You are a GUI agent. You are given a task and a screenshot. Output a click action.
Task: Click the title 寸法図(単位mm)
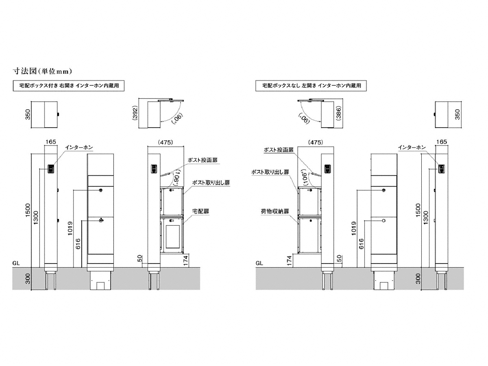(x=42, y=71)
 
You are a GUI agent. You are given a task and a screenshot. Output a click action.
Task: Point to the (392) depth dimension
(x=135, y=113)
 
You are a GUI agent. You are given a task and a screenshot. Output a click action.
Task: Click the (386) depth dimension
(x=339, y=113)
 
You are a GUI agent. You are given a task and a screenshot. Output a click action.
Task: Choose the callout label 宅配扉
(x=200, y=211)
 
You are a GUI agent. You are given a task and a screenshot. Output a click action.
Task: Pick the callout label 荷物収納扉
(x=275, y=211)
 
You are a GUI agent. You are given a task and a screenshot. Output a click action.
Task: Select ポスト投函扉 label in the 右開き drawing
(x=203, y=160)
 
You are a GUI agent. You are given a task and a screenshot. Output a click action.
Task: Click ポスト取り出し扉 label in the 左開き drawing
(x=270, y=172)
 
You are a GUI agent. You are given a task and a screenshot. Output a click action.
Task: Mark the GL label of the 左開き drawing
(x=259, y=264)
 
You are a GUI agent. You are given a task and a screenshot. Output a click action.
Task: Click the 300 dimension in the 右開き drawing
(x=28, y=279)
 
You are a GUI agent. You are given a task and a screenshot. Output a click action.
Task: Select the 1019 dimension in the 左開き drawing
(x=354, y=228)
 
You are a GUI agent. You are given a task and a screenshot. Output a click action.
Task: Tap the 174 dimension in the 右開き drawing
(x=185, y=260)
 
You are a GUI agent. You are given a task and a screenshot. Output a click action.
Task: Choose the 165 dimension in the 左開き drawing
(x=442, y=142)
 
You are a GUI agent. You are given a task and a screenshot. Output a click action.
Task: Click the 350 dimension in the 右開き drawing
(x=28, y=115)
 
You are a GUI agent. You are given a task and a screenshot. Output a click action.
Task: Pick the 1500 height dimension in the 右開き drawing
(x=28, y=210)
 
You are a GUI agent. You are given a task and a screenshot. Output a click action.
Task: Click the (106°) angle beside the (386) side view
(x=306, y=177)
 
